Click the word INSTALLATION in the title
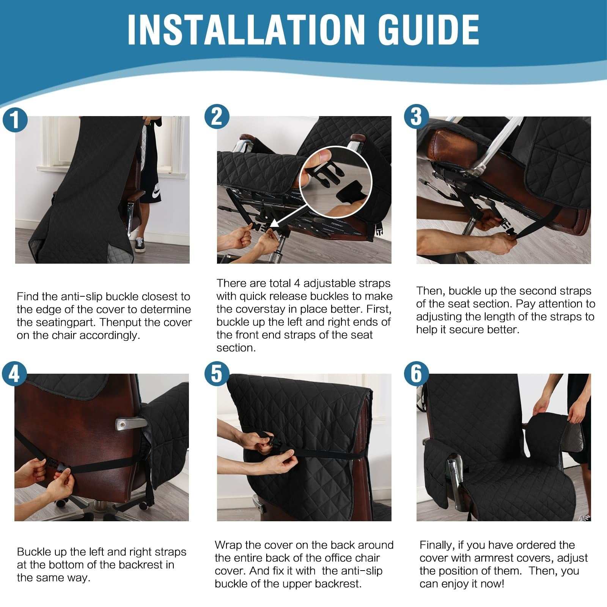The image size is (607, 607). tap(245, 30)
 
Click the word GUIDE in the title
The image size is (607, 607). tap(429, 30)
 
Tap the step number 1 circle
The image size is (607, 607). tap(15, 120)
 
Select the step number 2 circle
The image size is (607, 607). tap(217, 116)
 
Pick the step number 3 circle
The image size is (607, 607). tap(416, 116)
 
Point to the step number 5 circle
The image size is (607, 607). tap(217, 374)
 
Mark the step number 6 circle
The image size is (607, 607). tap(416, 374)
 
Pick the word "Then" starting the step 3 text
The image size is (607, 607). tap(431, 291)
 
